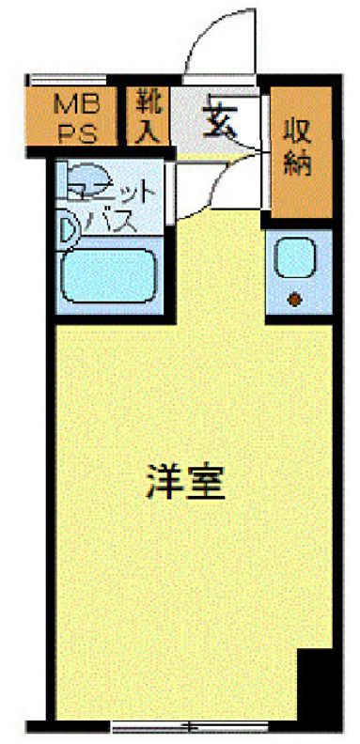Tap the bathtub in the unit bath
pos(108,273)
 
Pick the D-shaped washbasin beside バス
pos(69,227)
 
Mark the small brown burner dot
pos(295,301)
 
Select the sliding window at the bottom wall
pos(184,725)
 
